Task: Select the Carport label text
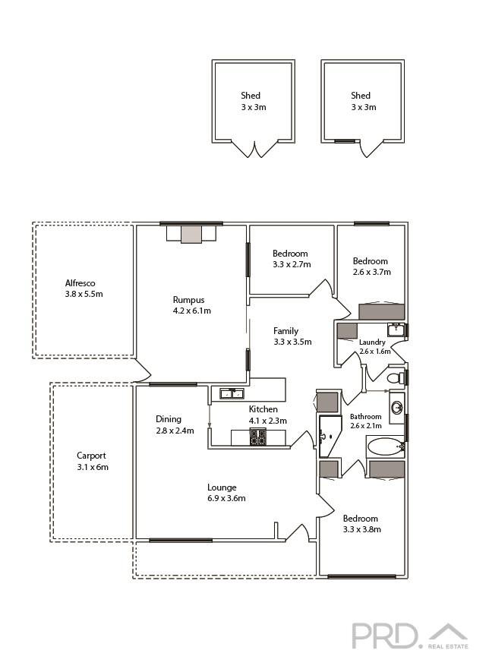pos(92,456)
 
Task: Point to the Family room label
pos(286,331)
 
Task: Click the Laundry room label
pos(372,342)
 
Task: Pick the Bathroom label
pos(365,417)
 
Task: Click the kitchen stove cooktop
pos(257,437)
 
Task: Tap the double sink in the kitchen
pos(231,393)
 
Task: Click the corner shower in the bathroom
pos(330,437)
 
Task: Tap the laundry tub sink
pos(396,330)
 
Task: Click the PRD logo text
pos(384,635)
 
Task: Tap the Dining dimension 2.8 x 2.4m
pos(175,431)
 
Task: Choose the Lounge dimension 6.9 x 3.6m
pos(226,498)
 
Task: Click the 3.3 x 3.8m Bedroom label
pos(361,524)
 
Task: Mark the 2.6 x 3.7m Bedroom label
pos(371,266)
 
